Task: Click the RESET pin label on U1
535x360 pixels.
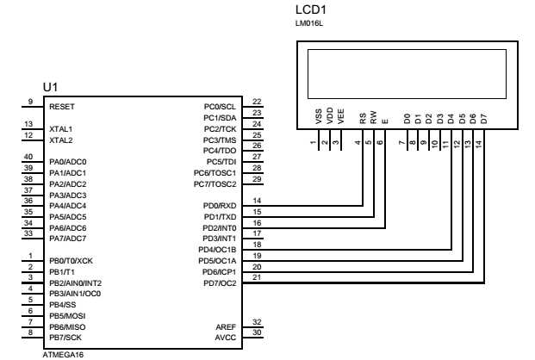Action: coord(62,107)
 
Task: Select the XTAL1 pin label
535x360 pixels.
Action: coord(61,128)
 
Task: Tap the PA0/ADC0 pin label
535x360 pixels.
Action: coord(68,162)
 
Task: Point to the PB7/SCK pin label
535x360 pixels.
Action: coord(67,337)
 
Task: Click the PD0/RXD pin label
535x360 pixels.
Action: coord(219,206)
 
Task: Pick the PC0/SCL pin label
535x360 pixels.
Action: coord(220,107)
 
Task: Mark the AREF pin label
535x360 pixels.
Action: coord(226,326)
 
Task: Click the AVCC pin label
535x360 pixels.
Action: coord(226,337)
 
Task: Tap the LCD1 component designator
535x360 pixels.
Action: coord(311,9)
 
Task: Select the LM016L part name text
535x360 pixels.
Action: coord(308,25)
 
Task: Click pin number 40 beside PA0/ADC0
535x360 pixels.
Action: coord(29,157)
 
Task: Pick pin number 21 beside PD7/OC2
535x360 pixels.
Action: coord(257,277)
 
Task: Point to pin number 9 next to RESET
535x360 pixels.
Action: coord(29,102)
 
